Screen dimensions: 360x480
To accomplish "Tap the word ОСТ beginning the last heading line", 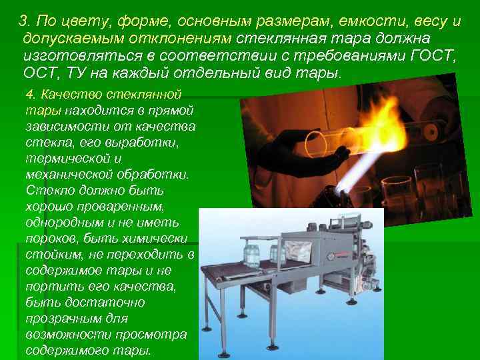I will pyautogui.click(x=39, y=73).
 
